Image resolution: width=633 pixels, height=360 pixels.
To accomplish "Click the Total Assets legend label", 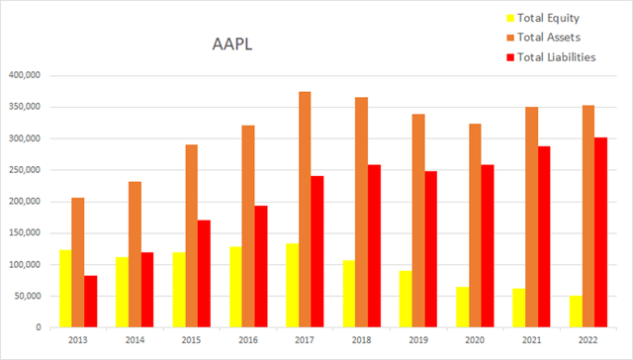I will [x=552, y=37].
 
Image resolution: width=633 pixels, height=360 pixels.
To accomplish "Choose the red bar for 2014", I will [x=146, y=290].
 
